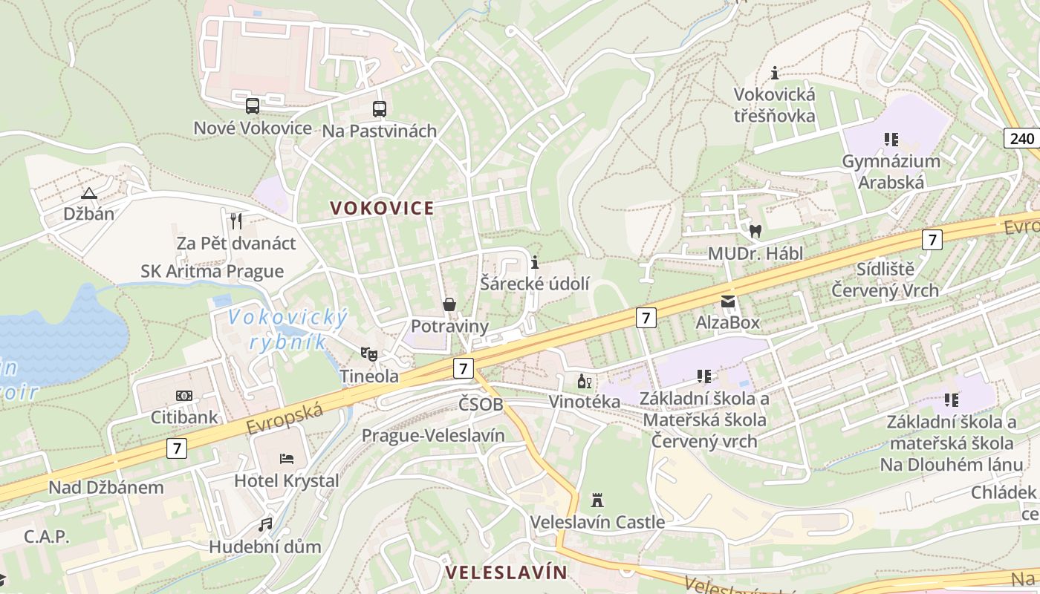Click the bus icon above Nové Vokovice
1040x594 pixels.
(x=253, y=106)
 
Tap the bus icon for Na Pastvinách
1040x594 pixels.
(x=380, y=109)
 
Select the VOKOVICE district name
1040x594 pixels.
(x=382, y=208)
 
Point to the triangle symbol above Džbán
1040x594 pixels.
(x=89, y=194)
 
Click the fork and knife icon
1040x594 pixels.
(x=236, y=221)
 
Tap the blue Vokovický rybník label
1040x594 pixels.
(x=287, y=329)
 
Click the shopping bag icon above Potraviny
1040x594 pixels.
(x=449, y=304)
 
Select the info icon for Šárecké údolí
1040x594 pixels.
(x=535, y=262)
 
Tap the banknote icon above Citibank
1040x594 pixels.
(x=184, y=396)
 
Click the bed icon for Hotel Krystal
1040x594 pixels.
(x=287, y=459)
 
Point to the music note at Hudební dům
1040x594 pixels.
(x=265, y=525)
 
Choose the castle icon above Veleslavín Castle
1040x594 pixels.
(x=597, y=500)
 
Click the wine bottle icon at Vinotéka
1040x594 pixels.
(x=585, y=382)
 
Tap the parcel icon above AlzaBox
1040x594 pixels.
(x=727, y=301)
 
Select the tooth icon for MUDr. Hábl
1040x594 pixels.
(x=755, y=231)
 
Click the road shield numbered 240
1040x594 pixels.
(x=1022, y=138)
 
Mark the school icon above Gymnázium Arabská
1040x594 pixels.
(x=891, y=139)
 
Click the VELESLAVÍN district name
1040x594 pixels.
(x=506, y=572)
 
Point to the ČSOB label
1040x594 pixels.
(x=481, y=405)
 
